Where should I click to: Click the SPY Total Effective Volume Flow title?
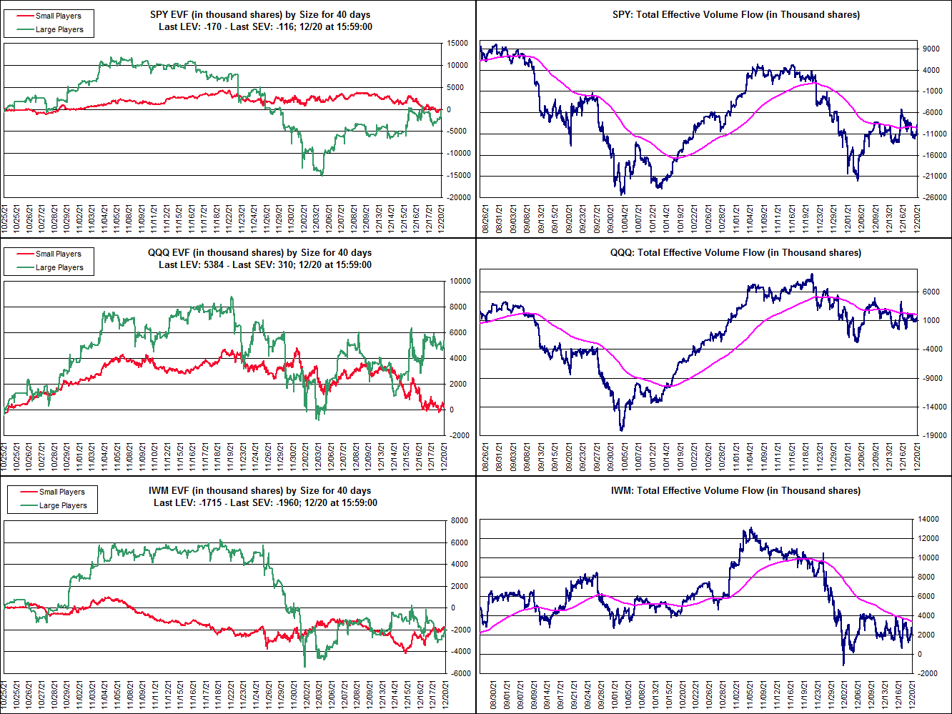pyautogui.click(x=736, y=14)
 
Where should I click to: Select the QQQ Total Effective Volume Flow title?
pyautogui.click(x=736, y=252)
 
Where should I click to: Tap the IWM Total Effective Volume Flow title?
pyautogui.click(x=735, y=490)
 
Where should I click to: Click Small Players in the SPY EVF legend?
pyautogui.click(x=58, y=16)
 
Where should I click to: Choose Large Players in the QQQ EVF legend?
pyautogui.click(x=59, y=267)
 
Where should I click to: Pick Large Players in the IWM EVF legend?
pyautogui.click(x=63, y=505)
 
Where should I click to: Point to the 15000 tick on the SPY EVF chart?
pyautogui.click(x=458, y=44)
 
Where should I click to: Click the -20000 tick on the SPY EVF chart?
pyautogui.click(x=458, y=197)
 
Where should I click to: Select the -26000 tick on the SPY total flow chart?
pyautogui.click(x=933, y=198)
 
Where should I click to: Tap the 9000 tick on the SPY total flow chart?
pyautogui.click(x=931, y=49)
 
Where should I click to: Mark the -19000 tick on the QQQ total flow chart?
pyautogui.click(x=933, y=435)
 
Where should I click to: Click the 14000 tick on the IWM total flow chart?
pyautogui.click(x=928, y=520)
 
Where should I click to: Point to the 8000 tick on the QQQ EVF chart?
pyautogui.click(x=460, y=307)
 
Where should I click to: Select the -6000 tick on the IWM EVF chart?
pyautogui.click(x=460, y=673)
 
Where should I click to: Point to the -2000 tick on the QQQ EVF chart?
pyautogui.click(x=460, y=435)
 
